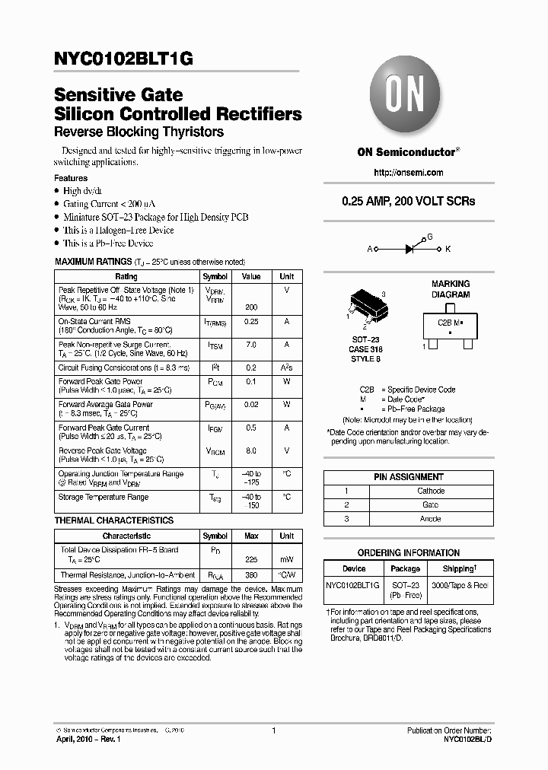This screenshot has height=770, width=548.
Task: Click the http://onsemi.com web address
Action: [x=408, y=173]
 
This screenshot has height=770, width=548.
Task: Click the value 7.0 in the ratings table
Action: [x=251, y=345]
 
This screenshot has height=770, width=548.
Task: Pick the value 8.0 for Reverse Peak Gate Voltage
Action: [x=251, y=450]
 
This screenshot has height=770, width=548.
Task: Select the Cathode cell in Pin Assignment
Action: [x=431, y=491]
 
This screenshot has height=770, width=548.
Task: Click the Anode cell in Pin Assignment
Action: [x=431, y=519]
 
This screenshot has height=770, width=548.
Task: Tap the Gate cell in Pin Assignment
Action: [x=431, y=505]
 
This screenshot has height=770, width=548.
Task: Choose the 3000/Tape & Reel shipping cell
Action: [x=459, y=585]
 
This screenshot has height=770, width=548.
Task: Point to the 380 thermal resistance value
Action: [x=251, y=576]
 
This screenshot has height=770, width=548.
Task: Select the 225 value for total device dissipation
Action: [x=251, y=559]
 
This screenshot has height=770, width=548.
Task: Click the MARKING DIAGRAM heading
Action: [x=451, y=289]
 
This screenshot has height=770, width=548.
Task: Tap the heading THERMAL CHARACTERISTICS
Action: [x=114, y=520]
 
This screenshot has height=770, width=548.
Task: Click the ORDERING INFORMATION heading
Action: [x=408, y=553]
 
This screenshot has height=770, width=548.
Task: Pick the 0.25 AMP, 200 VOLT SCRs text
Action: [x=408, y=202]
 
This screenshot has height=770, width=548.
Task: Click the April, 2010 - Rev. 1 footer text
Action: [x=88, y=740]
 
